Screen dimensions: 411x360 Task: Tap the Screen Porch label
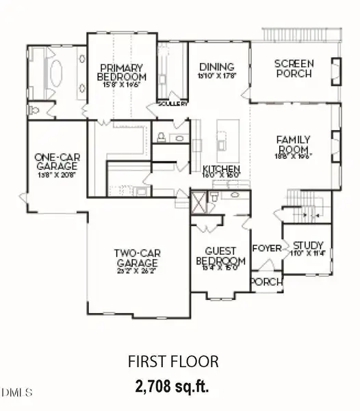click(x=294, y=68)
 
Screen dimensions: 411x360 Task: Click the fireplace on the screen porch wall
click(x=335, y=70)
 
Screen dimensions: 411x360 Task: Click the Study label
click(x=308, y=245)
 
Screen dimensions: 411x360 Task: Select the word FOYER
click(x=266, y=248)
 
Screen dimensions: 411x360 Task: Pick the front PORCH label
click(x=263, y=282)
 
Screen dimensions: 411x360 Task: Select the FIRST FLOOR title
click(x=173, y=360)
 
